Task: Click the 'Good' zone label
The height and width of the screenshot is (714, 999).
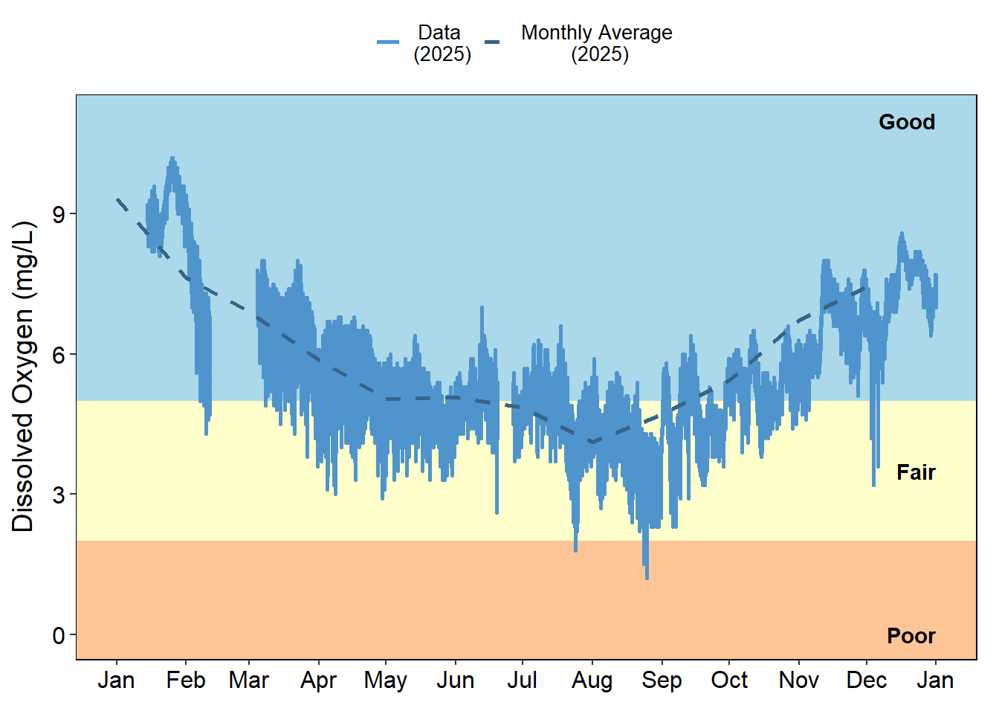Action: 906,122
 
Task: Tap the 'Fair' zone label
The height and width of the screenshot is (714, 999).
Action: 915,472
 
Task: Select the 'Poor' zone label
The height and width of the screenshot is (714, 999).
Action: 911,636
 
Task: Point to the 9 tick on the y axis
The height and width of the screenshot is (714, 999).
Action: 59,214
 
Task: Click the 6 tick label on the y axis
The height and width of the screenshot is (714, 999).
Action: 59,355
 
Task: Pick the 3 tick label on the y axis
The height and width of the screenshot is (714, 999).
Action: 59,495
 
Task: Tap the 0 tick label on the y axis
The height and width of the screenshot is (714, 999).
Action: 59,636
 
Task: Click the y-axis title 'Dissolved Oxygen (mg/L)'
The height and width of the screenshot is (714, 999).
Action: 24,376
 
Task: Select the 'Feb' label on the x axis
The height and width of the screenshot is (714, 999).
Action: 185,681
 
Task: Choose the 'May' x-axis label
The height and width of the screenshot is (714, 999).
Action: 385,681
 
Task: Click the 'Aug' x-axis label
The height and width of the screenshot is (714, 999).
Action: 592,681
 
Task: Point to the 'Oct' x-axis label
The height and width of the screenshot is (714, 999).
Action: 728,681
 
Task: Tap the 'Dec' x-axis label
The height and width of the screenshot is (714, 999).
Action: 866,681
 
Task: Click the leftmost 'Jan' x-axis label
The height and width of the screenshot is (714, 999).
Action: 116,681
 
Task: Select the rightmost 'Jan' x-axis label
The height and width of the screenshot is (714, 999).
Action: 935,681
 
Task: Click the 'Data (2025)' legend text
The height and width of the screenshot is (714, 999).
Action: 442,43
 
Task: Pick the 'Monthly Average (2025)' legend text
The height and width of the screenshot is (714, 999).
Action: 596,43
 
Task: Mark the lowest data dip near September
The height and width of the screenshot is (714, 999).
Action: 647,576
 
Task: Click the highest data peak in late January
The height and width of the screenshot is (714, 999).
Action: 172,158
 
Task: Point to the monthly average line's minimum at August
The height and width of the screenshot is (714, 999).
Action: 592,443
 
